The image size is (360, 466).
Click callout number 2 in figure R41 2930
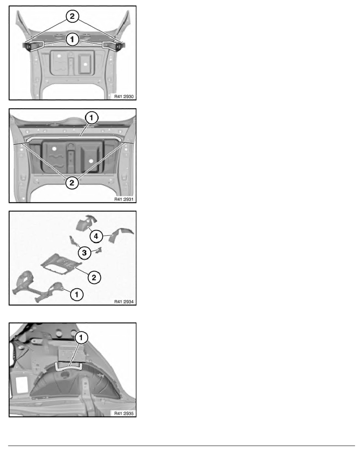coord(72,16)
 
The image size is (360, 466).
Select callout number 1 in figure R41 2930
coord(72,39)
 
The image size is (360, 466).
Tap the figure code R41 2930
coord(124,96)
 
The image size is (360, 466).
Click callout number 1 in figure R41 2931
coord(91,118)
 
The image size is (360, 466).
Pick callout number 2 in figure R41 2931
coord(72,183)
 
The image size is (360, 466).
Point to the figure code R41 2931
coord(124,199)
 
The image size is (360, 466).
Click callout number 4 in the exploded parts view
coord(96,236)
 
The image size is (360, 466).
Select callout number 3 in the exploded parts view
coord(84,253)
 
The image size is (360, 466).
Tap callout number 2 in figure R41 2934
coord(94,278)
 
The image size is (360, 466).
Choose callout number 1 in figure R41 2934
coord(76,295)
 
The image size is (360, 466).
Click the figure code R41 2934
coord(124,302)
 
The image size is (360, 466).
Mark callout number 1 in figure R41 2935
coord(81,338)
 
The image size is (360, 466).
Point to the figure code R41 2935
coord(124,413)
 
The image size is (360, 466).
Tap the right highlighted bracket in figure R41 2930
coord(109,45)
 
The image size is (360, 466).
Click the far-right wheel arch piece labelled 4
coord(121,235)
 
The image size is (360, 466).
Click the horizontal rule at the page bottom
coord(182,446)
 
